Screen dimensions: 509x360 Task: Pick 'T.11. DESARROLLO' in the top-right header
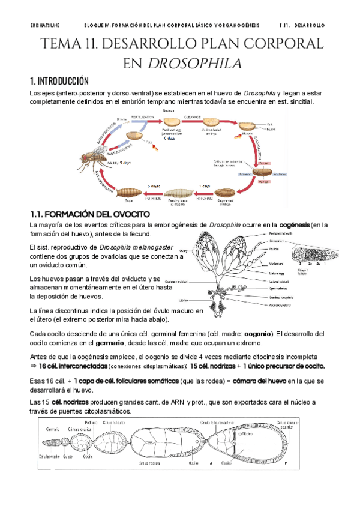coord(302,26)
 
